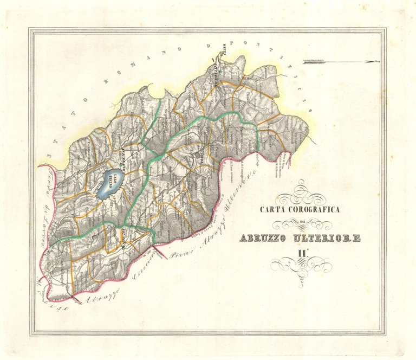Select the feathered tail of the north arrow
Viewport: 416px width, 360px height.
click(x=313, y=61)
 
